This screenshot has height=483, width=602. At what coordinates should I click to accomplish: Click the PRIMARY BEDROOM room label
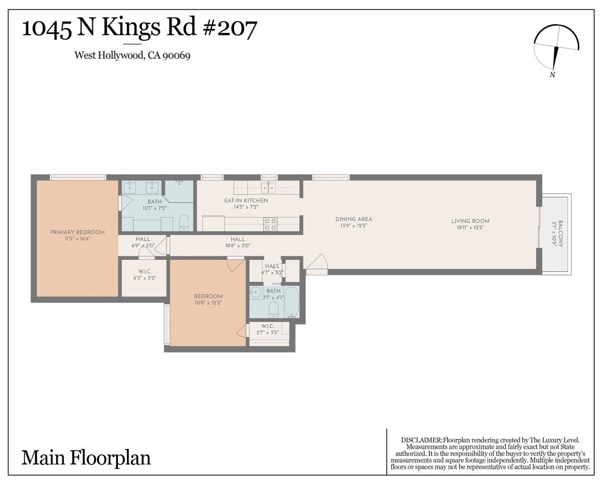77,232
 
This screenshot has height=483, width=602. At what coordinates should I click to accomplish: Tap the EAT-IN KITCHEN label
246,201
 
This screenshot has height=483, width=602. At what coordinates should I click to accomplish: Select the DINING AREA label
354,219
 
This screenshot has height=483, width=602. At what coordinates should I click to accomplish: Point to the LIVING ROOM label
470,221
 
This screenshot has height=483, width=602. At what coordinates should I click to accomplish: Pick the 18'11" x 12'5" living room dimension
470,227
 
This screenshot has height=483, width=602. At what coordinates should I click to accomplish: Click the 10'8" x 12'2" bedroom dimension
208,302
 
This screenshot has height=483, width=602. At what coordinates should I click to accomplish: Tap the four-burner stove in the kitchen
270,224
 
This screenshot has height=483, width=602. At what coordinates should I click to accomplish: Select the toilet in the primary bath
184,223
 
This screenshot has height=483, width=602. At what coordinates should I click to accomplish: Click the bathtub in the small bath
291,302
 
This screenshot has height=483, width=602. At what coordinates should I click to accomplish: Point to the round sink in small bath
255,293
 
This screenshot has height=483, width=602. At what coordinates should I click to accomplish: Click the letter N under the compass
552,75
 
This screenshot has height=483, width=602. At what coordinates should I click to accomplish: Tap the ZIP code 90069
177,55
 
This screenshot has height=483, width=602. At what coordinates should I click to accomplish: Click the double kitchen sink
268,187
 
